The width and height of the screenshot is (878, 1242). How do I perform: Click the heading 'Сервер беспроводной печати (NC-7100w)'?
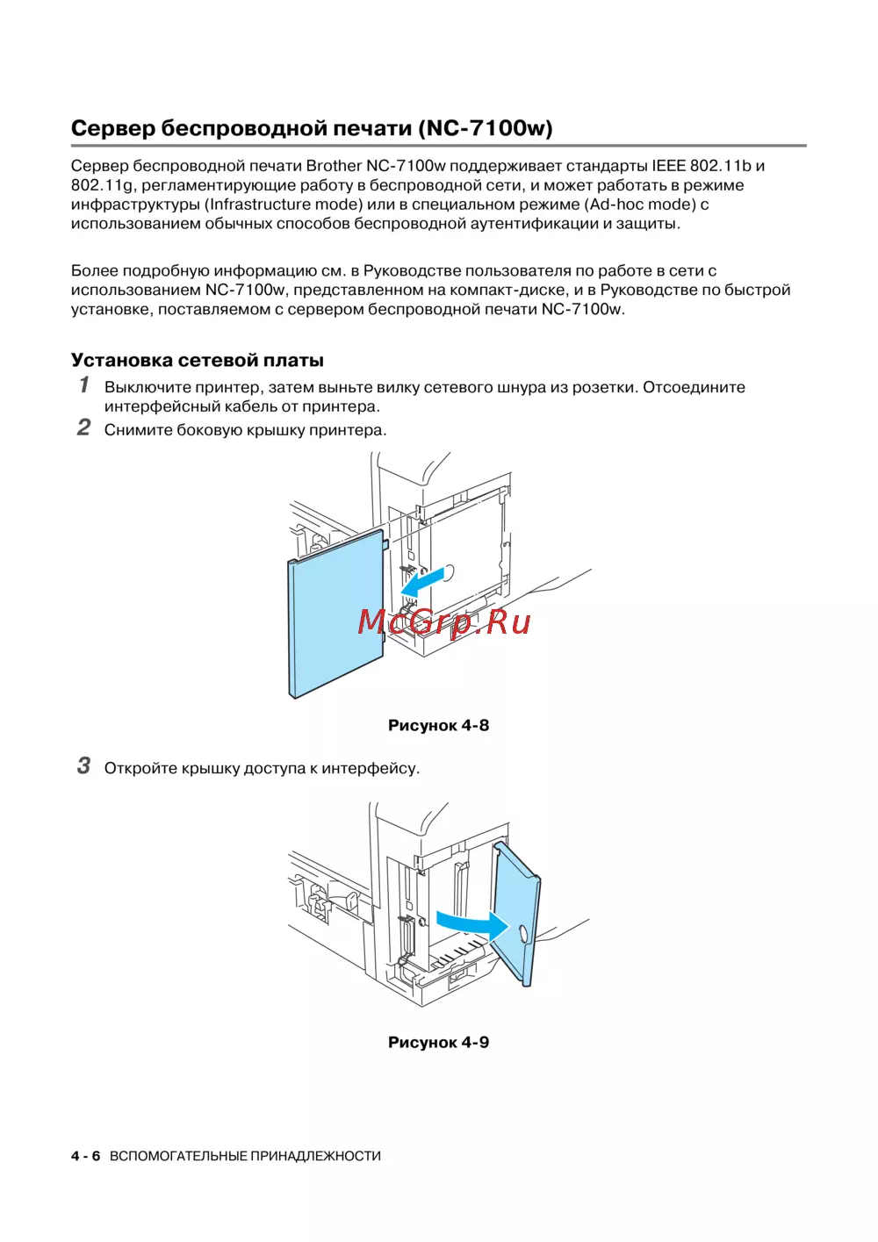coord(312,128)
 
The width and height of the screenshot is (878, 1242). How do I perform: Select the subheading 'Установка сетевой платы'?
coord(198,360)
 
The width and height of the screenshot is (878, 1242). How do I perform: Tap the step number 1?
coord(84,384)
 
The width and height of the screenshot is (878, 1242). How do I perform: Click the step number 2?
coord(83,427)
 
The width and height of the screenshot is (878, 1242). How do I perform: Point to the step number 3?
coord(83,765)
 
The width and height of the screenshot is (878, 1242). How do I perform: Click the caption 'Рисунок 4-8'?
coord(438,725)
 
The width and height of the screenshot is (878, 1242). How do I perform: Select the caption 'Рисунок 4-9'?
coord(438,1042)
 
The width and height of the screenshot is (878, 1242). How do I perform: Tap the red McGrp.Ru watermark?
coord(444,621)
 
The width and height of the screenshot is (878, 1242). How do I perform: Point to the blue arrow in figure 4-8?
coord(422,580)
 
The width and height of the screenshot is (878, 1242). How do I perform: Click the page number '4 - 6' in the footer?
coord(85,1156)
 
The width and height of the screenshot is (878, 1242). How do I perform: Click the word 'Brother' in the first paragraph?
coord(334,166)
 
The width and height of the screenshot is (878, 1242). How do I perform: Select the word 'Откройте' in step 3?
coord(140,768)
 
